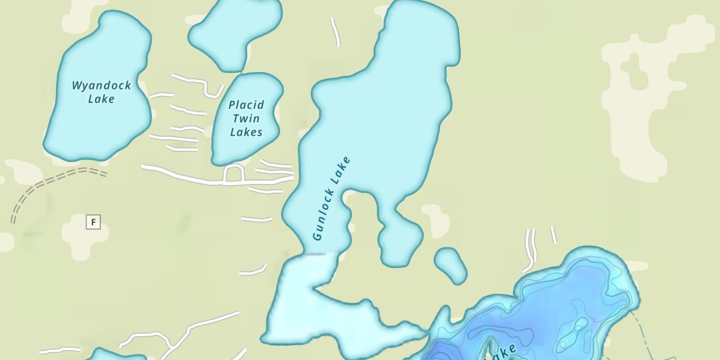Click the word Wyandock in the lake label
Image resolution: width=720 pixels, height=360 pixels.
click(x=101, y=86)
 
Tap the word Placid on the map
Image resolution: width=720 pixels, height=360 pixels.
click(x=246, y=105)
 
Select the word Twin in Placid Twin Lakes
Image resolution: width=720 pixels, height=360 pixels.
click(x=246, y=119)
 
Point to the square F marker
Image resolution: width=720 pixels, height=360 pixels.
click(x=94, y=222)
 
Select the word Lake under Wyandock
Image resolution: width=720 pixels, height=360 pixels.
click(x=101, y=99)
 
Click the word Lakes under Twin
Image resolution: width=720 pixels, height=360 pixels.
click(x=246, y=132)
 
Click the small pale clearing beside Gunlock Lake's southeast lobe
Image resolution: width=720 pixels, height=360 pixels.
click(x=435, y=218)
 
